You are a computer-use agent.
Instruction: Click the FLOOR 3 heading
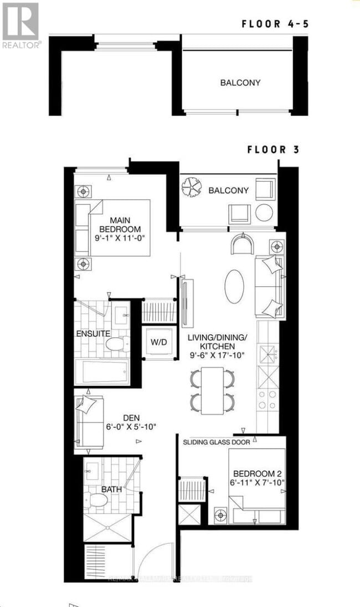click(x=273, y=150)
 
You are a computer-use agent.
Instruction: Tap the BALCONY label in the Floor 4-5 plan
click(x=240, y=83)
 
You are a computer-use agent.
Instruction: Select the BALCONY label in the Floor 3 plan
click(x=228, y=191)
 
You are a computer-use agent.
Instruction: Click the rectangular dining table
click(x=213, y=390)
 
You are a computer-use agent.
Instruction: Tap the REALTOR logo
click(x=20, y=25)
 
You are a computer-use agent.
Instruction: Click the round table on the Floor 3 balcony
click(x=264, y=213)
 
